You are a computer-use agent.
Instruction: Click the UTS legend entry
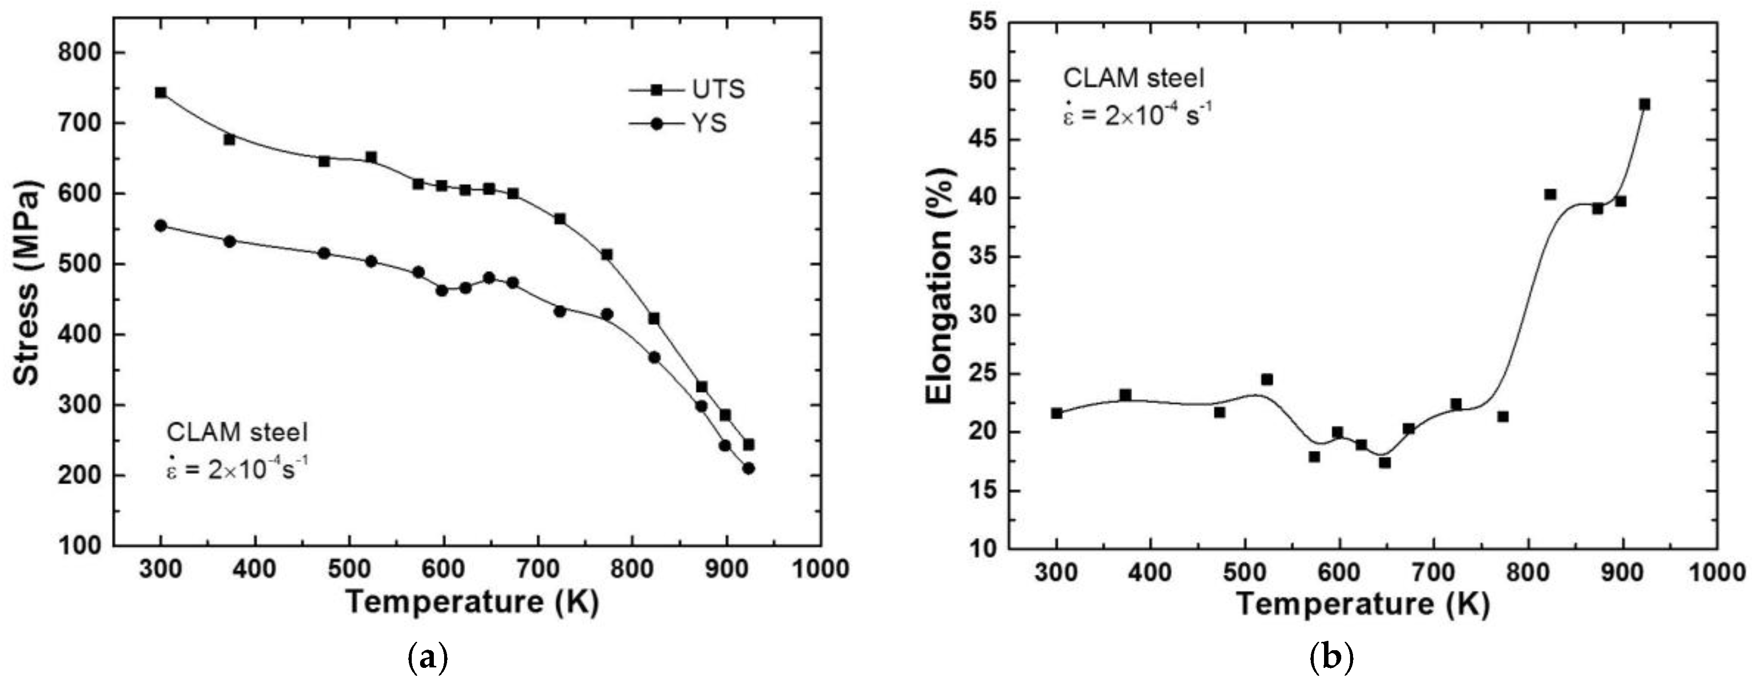pyautogui.click(x=687, y=89)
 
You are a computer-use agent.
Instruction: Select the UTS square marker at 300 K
pyautogui.click(x=160, y=92)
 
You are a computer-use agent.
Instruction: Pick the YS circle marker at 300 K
pyautogui.click(x=160, y=226)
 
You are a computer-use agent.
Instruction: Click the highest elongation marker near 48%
pyautogui.click(x=1645, y=104)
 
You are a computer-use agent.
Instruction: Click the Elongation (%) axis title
pyautogui.click(x=941, y=285)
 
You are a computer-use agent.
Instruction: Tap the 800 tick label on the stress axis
pyautogui.click(x=80, y=53)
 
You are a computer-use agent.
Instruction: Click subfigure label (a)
pyautogui.click(x=427, y=658)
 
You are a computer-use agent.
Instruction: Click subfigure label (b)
pyautogui.click(x=1330, y=658)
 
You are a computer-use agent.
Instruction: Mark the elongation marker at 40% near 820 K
pyautogui.click(x=1550, y=194)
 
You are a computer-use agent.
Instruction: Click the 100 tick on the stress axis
pyautogui.click(x=80, y=546)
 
